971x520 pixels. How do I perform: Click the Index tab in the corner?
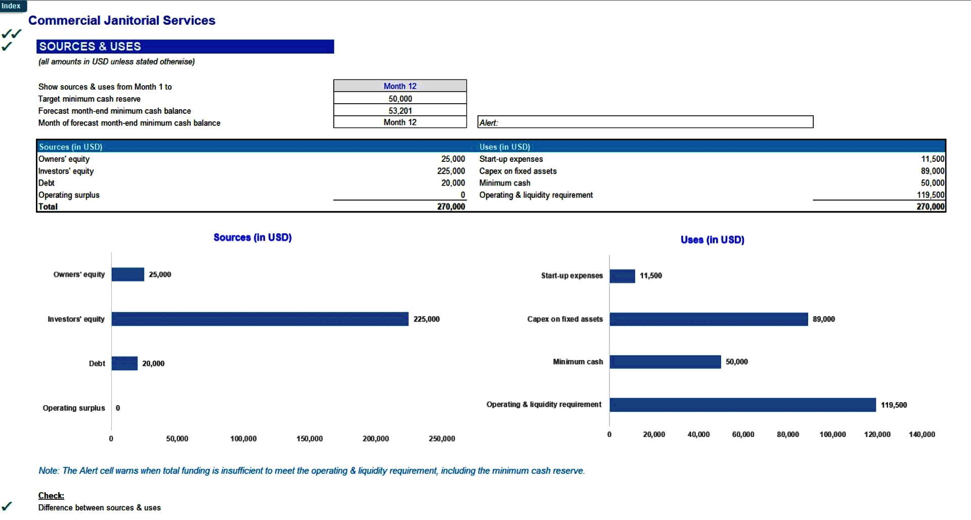click(x=11, y=6)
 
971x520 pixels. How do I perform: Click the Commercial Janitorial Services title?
click(x=121, y=20)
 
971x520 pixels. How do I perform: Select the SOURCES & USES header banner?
click(x=185, y=47)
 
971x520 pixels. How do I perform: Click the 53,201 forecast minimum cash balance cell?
click(x=400, y=110)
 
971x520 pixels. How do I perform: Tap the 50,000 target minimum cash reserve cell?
click(x=400, y=99)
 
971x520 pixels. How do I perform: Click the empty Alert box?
click(x=645, y=122)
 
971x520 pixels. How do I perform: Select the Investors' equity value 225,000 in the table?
click(x=451, y=171)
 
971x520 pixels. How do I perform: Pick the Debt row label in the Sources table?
click(x=47, y=183)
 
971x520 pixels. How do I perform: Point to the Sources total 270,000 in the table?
click(x=451, y=206)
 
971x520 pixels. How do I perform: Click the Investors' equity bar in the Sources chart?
click(x=260, y=319)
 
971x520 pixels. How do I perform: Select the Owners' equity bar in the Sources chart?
click(x=128, y=275)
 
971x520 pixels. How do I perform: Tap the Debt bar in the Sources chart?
click(x=124, y=363)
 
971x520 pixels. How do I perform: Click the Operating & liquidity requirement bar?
click(x=742, y=405)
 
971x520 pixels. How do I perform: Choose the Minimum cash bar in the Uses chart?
click(x=665, y=362)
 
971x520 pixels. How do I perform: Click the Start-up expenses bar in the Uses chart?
click(x=622, y=276)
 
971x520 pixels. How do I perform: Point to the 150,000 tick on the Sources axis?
click(x=310, y=439)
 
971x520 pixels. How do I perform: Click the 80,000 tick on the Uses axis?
click(x=788, y=435)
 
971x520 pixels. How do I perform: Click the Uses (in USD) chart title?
click(x=712, y=240)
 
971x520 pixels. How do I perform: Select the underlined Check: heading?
click(x=51, y=496)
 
